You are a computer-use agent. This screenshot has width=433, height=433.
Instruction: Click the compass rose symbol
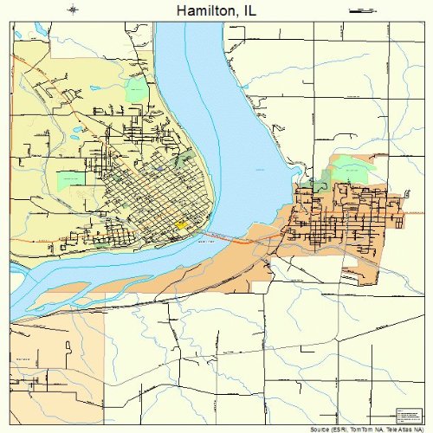[73, 10]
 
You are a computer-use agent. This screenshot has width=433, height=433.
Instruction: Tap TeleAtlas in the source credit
[397, 429]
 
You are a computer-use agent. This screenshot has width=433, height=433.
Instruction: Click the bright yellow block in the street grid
[181, 224]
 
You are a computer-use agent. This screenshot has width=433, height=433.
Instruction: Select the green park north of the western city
[136, 88]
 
